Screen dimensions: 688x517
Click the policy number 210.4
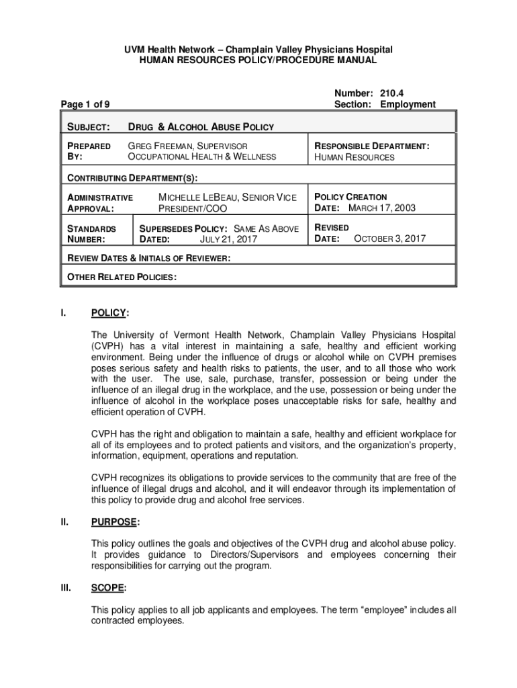click(x=391, y=93)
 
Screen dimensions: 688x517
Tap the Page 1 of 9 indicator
click(x=85, y=104)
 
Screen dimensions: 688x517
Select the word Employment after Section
click(x=408, y=104)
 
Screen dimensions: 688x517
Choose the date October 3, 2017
click(x=389, y=239)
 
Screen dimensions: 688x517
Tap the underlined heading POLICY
click(x=108, y=313)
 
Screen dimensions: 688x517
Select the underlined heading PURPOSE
click(x=113, y=521)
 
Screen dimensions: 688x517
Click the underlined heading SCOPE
click(x=107, y=588)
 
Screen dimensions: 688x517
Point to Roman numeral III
click(x=65, y=588)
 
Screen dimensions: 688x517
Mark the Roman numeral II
click(x=64, y=521)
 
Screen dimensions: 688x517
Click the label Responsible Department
click(x=371, y=146)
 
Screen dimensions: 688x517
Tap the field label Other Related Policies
click(x=121, y=277)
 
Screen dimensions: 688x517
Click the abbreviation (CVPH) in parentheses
click(x=107, y=346)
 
